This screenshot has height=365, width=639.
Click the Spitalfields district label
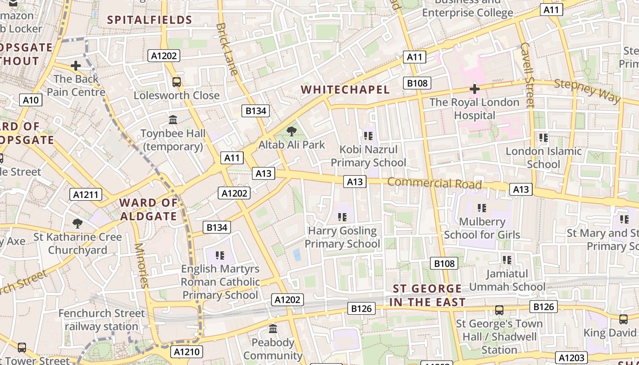[149, 20]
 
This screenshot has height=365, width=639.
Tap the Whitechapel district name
[346, 89]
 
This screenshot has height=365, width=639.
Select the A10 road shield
[31, 100]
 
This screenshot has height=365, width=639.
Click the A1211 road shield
[86, 195]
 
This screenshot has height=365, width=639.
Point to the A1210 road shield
[186, 352]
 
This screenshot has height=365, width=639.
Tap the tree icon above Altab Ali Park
[291, 132]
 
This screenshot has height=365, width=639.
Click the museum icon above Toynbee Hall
[173, 120]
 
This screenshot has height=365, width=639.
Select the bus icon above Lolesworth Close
[176, 82]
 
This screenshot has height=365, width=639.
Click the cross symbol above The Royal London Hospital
[474, 89]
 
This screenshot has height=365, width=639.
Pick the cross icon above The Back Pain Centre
[76, 66]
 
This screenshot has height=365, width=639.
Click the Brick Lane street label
[227, 49]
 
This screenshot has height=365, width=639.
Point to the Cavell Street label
[527, 75]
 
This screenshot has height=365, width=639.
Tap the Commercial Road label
[435, 183]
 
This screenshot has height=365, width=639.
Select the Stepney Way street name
[587, 90]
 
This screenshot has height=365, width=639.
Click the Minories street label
[141, 265]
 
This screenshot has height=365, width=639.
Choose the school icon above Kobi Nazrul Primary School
[368, 136]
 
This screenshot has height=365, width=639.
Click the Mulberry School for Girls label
[482, 228]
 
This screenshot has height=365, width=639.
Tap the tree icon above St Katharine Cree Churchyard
[78, 224]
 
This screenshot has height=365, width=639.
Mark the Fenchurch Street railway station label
[101, 320]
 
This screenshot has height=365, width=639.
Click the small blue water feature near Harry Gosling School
[297, 255]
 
